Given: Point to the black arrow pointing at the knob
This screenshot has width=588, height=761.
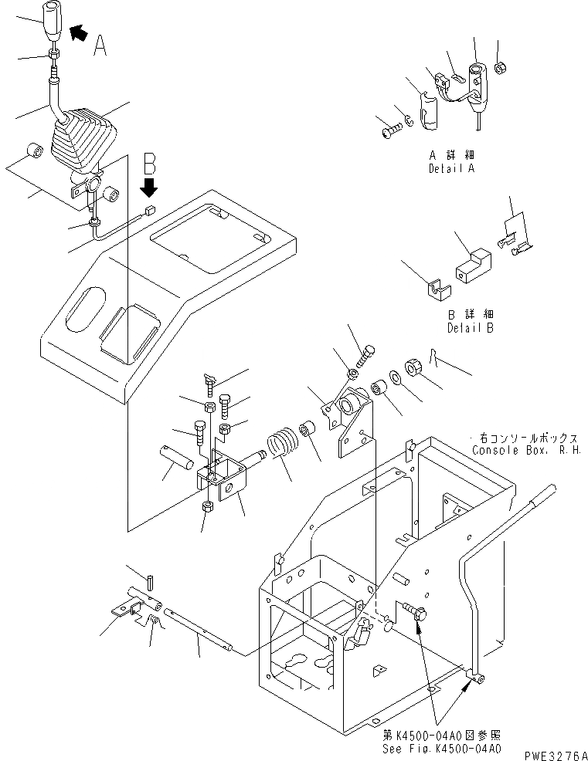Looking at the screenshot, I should coord(78,32).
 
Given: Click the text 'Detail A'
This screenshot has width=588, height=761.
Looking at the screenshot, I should coord(452,167).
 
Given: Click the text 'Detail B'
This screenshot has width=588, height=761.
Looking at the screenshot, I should coord(471,328).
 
